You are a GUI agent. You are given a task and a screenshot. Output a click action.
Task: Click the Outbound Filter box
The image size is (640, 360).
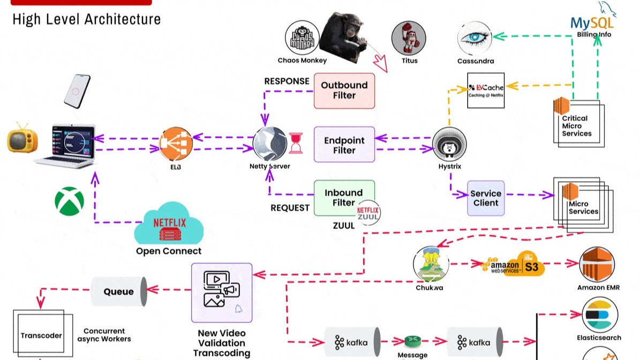point(344,91)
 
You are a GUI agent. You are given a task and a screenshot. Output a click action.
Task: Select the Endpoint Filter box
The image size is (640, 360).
point(344,145)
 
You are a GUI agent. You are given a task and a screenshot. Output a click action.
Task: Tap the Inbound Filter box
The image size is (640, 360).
point(344,198)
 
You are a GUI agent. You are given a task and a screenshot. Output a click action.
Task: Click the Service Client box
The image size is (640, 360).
point(486,198)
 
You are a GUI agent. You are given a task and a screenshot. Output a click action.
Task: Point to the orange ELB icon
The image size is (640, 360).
point(175,144)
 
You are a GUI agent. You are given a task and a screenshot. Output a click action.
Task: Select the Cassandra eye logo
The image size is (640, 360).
point(475,37)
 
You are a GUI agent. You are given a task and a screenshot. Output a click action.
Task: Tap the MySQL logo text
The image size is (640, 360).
point(592,22)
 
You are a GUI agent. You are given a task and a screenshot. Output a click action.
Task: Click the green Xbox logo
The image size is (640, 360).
point(69,201)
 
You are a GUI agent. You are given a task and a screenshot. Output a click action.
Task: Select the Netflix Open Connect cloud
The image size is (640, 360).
point(169,223)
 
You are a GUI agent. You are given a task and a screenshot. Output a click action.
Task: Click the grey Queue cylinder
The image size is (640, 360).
point(119,292)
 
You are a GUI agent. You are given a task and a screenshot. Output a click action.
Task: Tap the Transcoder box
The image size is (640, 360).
point(41,335)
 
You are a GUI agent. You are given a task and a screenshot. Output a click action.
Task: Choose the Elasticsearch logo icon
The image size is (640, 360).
point(599,315)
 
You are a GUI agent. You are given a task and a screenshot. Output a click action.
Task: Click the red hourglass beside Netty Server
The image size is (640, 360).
point(296,143)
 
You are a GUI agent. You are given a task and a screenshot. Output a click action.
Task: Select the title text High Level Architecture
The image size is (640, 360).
point(86,19)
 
